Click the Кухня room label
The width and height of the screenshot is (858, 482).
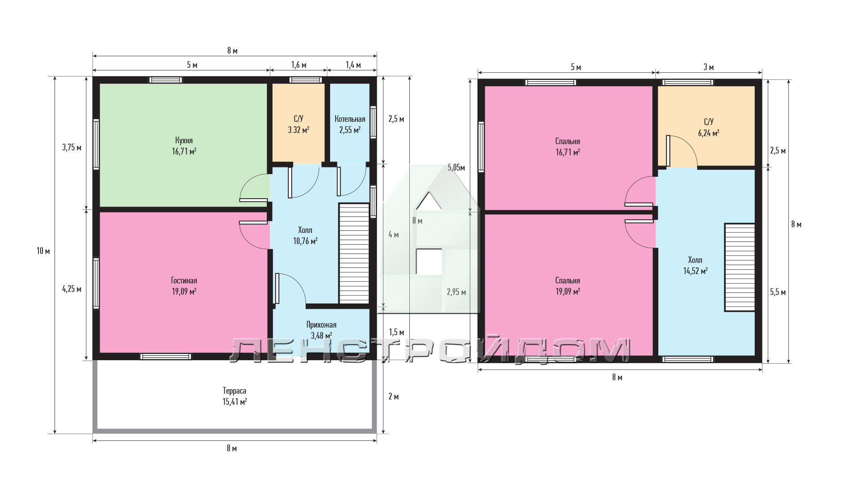(184, 141)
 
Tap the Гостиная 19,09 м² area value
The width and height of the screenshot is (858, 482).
(184, 291)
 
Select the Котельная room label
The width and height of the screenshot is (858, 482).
(350, 119)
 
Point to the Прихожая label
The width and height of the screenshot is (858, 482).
(321, 325)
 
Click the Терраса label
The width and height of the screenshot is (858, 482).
(235, 391)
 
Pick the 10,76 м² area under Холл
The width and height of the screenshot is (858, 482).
(305, 241)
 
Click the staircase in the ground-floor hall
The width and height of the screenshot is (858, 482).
(354, 253)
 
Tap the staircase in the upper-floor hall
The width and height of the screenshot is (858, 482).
(740, 267)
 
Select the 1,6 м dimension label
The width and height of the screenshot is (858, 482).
(299, 65)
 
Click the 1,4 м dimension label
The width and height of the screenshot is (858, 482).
(353, 65)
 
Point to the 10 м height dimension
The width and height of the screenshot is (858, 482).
(43, 251)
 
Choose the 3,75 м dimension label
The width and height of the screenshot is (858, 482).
(71, 147)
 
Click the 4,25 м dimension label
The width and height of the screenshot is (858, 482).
(71, 289)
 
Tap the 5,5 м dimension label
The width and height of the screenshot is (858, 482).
(778, 292)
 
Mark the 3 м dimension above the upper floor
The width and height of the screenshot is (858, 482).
(709, 67)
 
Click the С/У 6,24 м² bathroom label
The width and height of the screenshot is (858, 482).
(709, 127)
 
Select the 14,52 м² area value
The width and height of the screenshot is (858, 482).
(695, 271)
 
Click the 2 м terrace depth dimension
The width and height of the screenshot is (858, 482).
(394, 396)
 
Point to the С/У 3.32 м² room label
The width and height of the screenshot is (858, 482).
(299, 125)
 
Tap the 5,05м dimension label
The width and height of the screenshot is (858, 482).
(456, 168)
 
